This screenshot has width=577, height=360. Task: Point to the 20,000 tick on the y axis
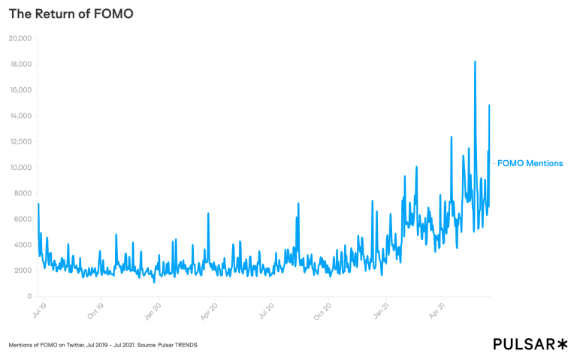[19, 38]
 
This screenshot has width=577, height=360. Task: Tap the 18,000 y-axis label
[19, 64]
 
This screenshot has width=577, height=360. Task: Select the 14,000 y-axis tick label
[19, 116]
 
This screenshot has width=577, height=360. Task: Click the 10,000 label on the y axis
[19, 167]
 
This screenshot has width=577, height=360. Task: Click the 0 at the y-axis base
[28, 296]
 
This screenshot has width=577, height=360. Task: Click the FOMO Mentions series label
[530, 163]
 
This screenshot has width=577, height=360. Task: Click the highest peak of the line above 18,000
[475, 62]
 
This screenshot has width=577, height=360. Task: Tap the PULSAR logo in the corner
[530, 343]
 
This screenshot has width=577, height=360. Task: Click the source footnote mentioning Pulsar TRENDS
[103, 345]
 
